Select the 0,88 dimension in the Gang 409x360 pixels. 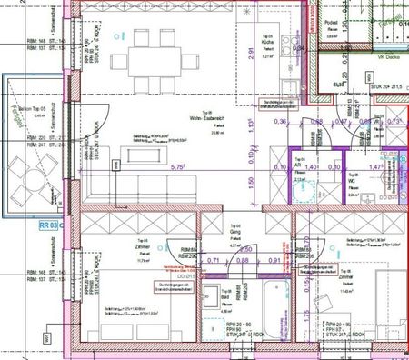(243, 260)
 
